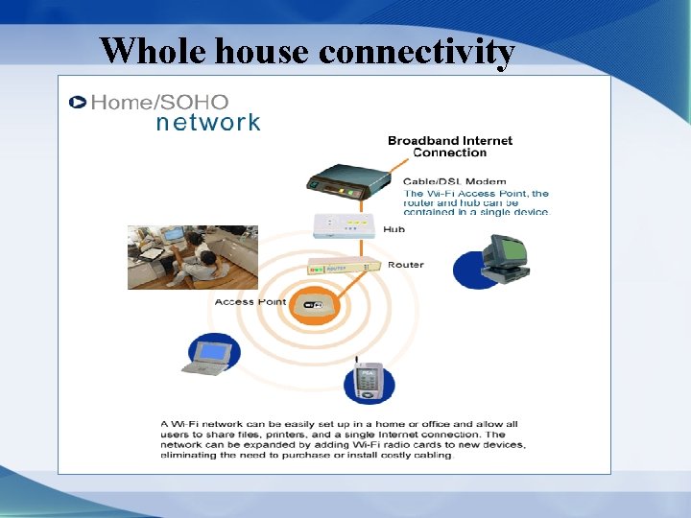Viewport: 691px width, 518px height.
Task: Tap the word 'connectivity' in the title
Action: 417,52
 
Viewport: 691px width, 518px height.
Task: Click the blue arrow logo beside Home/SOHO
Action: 77,102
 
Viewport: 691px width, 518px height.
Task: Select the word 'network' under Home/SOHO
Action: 207,123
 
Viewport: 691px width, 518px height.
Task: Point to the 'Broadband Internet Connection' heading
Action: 449,146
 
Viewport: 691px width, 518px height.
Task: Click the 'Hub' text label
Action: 393,229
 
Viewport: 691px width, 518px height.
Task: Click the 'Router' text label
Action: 405,265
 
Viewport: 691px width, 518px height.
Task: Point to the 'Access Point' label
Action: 250,302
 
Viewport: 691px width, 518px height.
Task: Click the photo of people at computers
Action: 193,257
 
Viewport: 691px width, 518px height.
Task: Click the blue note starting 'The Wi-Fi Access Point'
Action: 476,202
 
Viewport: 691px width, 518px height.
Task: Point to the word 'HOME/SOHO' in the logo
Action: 159,102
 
